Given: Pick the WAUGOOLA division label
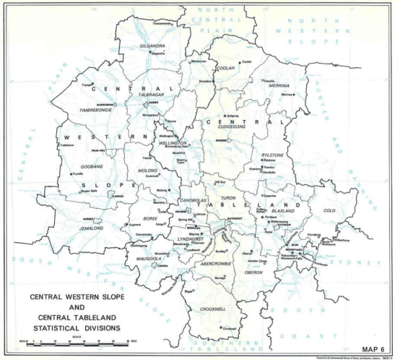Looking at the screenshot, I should (147, 256).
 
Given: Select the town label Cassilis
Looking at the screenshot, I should (269, 80).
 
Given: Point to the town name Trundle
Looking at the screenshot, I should (78, 173).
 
